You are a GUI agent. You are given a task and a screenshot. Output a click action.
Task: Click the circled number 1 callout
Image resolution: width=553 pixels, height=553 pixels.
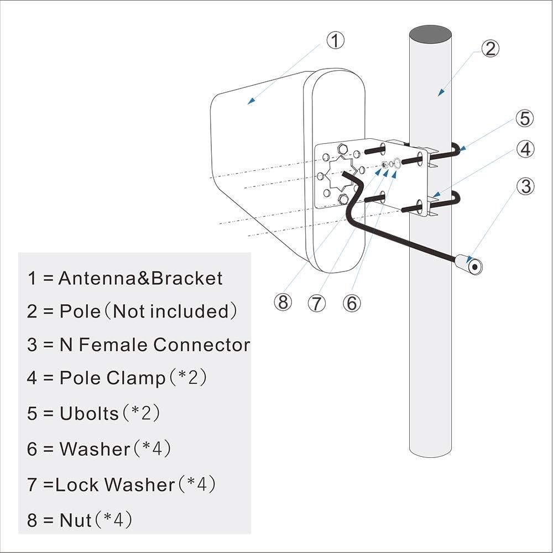pos(335,40)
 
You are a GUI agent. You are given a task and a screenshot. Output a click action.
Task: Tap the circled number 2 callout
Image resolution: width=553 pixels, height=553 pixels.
pos(490,49)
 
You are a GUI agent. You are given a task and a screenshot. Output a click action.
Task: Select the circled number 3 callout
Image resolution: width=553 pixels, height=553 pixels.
pos(526,186)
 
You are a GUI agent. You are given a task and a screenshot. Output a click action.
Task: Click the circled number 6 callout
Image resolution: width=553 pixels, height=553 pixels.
pos(351,302)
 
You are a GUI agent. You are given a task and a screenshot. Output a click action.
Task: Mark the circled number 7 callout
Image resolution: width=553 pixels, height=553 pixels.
pos(317,303)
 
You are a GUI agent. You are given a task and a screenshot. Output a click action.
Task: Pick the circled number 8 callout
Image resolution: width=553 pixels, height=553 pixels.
pos(283,302)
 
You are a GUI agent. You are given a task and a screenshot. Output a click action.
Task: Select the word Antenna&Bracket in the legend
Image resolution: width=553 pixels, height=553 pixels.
pos(140,278)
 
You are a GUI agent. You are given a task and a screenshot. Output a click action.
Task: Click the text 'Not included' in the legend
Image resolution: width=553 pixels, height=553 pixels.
pos(170,311)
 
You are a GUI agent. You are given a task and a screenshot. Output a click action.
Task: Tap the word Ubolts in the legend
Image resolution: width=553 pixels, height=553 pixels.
pos(89,413)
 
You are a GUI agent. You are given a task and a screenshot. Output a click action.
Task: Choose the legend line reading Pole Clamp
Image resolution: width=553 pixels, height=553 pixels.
pos(117,378)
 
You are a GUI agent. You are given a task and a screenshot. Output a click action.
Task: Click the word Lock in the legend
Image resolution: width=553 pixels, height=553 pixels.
pos(77,484)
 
